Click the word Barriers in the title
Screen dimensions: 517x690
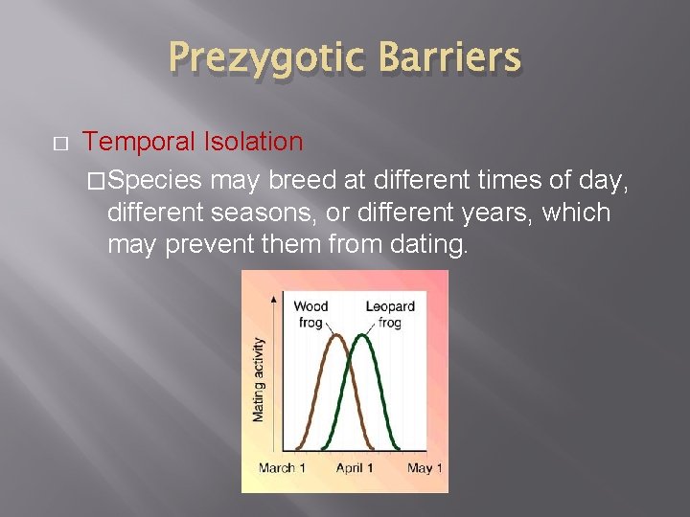tap(449, 58)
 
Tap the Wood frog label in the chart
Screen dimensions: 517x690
tap(310, 314)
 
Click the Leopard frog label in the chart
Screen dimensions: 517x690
tap(390, 314)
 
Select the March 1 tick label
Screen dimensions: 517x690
tap(283, 468)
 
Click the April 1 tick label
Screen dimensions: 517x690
tap(355, 468)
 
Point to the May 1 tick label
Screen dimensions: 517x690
tap(425, 468)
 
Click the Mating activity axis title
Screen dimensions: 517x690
tap(258, 378)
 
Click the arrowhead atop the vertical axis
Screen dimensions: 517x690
tap(276, 299)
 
